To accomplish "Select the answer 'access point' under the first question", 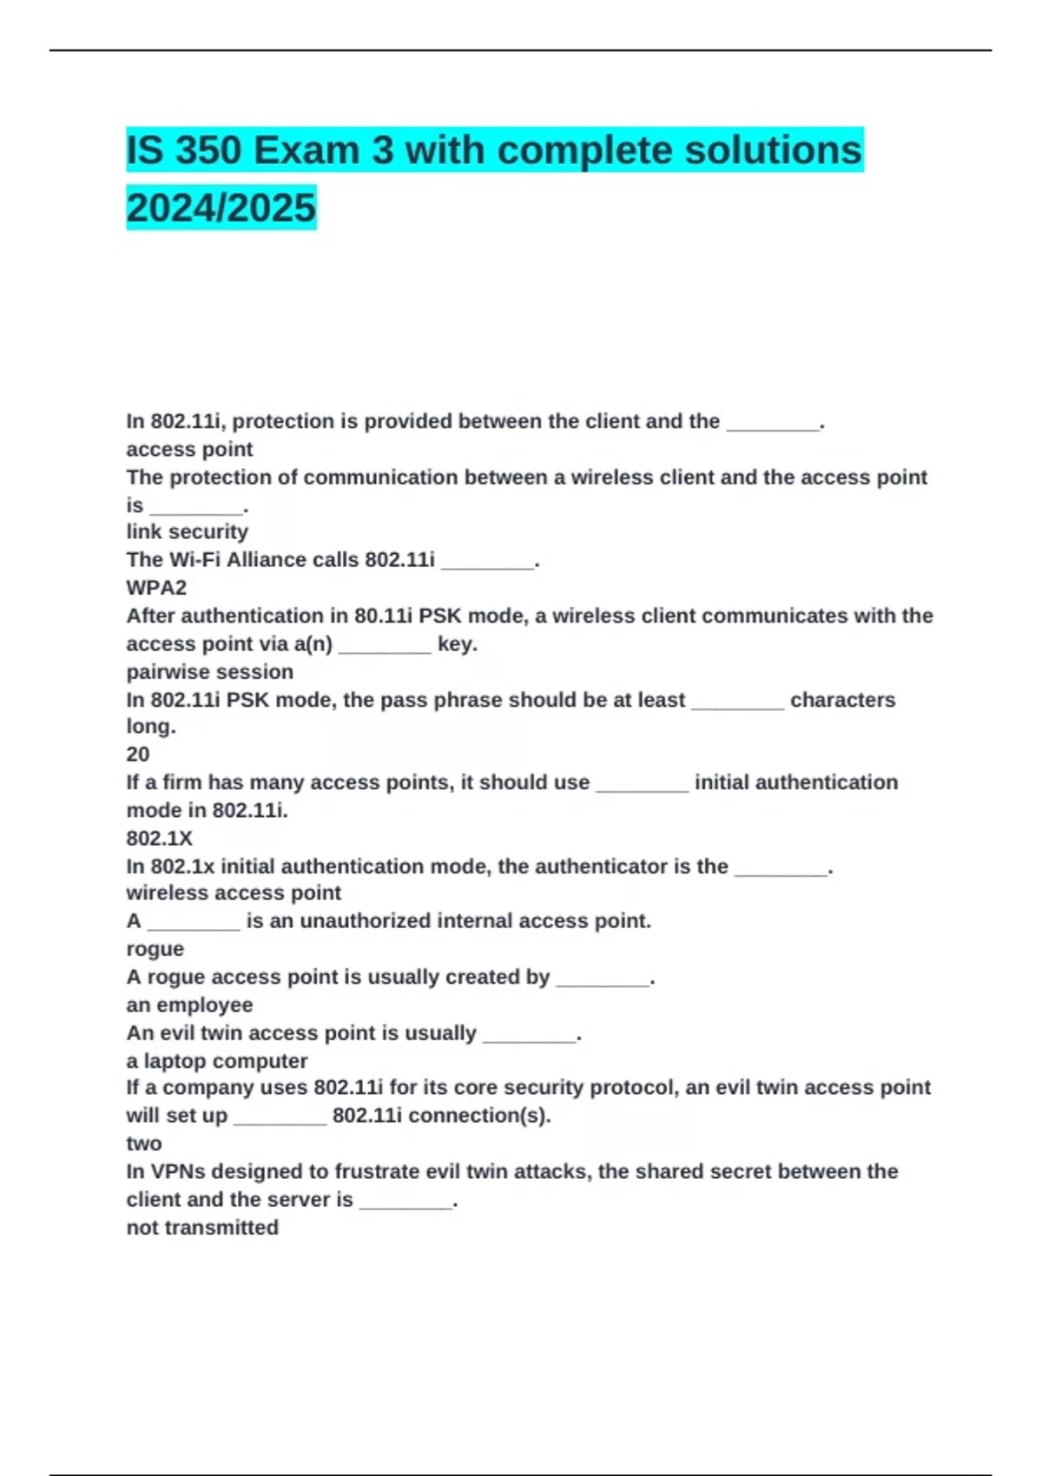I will click(x=189, y=450).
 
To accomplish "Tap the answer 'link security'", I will click(x=187, y=531).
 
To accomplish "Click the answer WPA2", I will click(x=156, y=588).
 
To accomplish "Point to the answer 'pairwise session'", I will click(x=209, y=672).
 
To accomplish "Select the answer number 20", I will click(x=138, y=754).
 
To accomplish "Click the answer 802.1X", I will click(x=159, y=838).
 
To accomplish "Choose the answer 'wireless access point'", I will click(x=234, y=893).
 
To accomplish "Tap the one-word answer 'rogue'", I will click(x=155, y=949).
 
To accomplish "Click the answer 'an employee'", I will click(x=189, y=1005).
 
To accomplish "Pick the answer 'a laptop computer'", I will click(x=216, y=1061).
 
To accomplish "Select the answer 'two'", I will click(x=143, y=1143).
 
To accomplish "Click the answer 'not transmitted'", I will click(x=202, y=1228).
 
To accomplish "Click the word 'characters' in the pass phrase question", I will click(x=842, y=700).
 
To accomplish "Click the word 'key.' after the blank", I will click(x=458, y=644).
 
